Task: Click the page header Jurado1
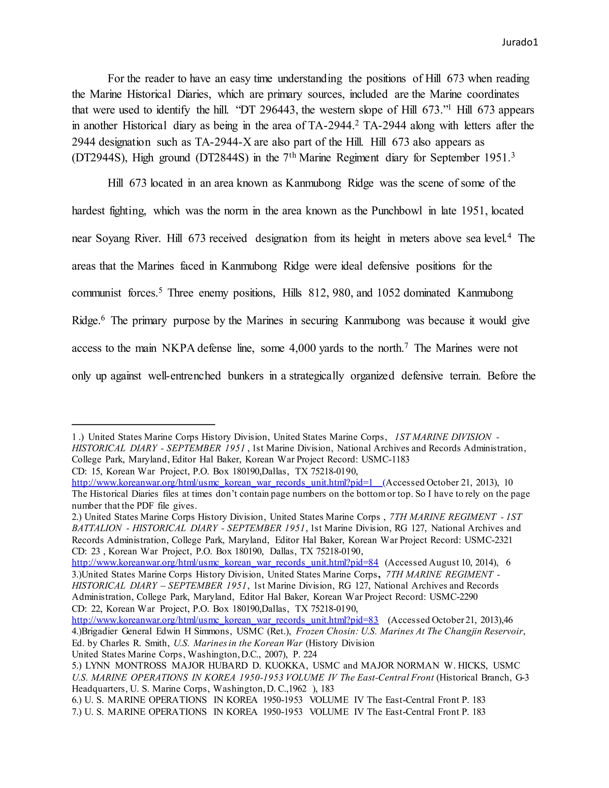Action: click(x=519, y=43)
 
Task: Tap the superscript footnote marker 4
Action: click(x=509, y=236)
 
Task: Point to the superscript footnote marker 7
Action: click(x=406, y=346)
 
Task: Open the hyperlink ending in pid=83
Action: click(x=225, y=620)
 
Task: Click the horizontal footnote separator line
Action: click(x=143, y=425)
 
